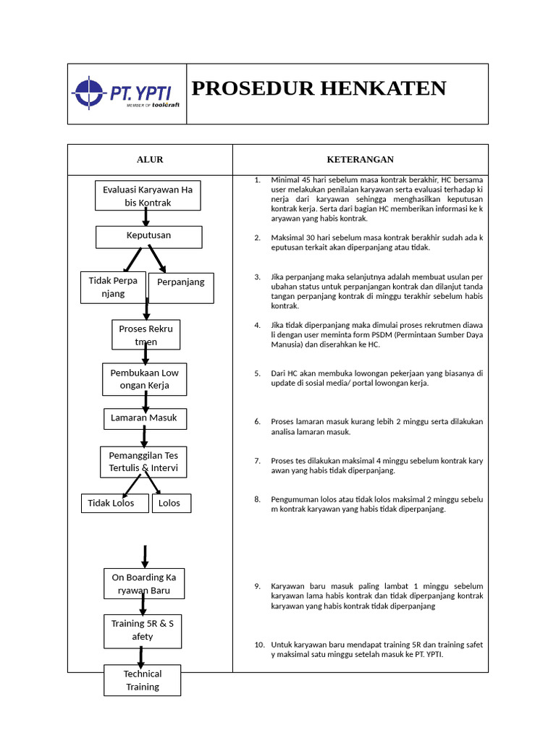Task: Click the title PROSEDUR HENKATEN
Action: pyautogui.click(x=319, y=88)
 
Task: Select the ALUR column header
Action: pyautogui.click(x=150, y=159)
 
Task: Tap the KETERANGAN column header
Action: pyautogui.click(x=360, y=159)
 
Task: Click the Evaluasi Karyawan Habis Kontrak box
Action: pyautogui.click(x=148, y=196)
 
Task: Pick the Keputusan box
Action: pyautogui.click(x=149, y=237)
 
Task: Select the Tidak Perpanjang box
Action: pyautogui.click(x=113, y=287)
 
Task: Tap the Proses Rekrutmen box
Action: pyautogui.click(x=146, y=335)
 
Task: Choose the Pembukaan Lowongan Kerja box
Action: pyautogui.click(x=144, y=379)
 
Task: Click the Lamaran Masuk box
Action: pyautogui.click(x=144, y=418)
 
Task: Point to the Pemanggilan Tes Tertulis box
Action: pyautogui.click(x=143, y=462)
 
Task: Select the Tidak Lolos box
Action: pyautogui.click(x=114, y=503)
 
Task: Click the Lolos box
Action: pyautogui.click(x=172, y=503)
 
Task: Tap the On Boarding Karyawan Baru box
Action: pyautogui.click(x=143, y=584)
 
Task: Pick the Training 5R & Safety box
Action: pyautogui.click(x=143, y=630)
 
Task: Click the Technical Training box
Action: pyautogui.click(x=143, y=680)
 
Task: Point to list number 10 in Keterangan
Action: pyautogui.click(x=259, y=645)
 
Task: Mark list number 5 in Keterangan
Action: pyautogui.click(x=257, y=373)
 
